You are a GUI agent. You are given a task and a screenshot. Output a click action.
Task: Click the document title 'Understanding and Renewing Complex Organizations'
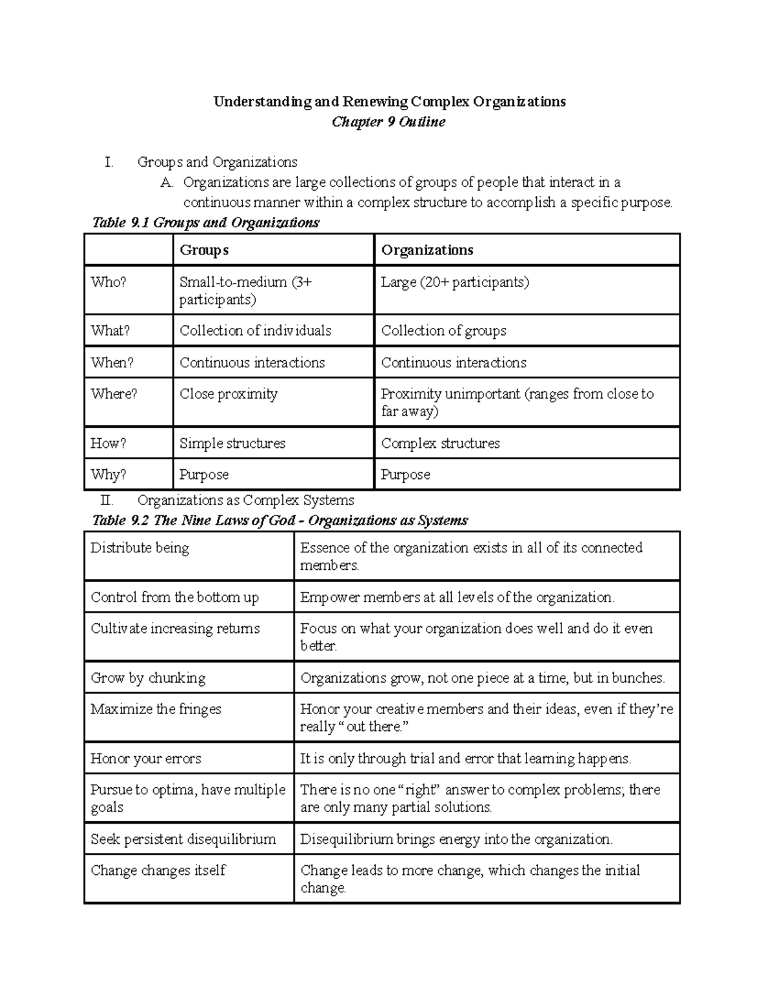[x=389, y=102]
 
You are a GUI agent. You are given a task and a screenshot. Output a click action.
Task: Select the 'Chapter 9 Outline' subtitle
[x=388, y=122]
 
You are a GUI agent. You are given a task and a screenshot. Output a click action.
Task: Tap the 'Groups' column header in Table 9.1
[x=204, y=251]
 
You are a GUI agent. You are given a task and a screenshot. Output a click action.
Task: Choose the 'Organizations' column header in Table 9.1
[x=427, y=251]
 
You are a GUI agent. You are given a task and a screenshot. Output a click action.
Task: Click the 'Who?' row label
[x=108, y=282]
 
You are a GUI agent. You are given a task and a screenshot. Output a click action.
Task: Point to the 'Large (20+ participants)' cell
[x=454, y=282]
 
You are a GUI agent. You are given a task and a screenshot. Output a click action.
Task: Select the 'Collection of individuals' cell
[x=255, y=331]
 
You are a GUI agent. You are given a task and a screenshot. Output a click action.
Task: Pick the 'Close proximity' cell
[x=229, y=394]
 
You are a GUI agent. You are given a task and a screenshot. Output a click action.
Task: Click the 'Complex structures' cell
[x=440, y=443]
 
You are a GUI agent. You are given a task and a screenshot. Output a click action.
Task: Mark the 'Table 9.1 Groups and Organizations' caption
[x=206, y=223]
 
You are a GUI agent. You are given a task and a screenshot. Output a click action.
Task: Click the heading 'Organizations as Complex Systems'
[x=245, y=500]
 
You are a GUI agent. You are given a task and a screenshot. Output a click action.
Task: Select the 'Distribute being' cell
[x=140, y=548]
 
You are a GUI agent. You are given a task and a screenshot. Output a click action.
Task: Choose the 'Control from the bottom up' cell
[x=175, y=597]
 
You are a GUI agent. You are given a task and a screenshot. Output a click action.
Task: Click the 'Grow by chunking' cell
[x=148, y=678]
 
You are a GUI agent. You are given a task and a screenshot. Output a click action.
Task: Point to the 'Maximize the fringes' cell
[x=156, y=709]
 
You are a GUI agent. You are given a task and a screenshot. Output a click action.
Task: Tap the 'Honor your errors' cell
[x=146, y=759]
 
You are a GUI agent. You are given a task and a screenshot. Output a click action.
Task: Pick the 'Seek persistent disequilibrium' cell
[x=183, y=839]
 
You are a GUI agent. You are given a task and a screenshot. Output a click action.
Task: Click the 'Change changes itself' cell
[x=158, y=870]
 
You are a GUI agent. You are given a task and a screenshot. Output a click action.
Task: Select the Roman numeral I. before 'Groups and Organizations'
[x=108, y=162]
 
